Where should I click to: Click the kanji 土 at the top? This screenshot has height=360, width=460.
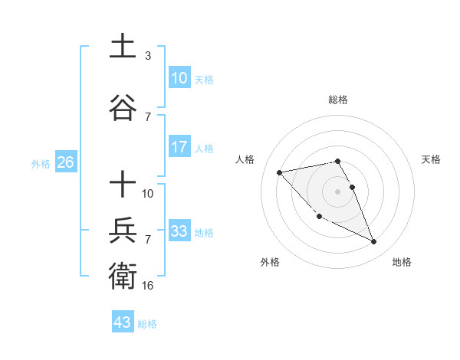coord(123,47)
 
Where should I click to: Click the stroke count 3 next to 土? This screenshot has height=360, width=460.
coord(148,56)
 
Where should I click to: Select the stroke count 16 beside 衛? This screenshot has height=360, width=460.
coord(148,286)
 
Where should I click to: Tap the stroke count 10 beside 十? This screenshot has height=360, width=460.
coord(148,194)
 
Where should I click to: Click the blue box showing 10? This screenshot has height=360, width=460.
coord(179,78)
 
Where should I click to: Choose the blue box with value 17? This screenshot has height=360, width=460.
coord(179,147)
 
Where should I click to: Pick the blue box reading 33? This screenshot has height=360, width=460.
coord(179,231)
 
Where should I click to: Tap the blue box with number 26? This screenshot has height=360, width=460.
coord(65,162)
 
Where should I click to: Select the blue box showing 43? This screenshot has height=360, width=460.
coord(122,322)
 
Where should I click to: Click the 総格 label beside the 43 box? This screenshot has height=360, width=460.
coord(147,324)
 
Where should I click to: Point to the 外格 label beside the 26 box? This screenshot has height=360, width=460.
coord(41,163)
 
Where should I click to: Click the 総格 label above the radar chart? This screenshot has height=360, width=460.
coord(338,100)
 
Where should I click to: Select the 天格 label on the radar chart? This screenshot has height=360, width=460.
coord(432,159)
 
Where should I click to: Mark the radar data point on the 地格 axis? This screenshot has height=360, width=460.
coord(374,242)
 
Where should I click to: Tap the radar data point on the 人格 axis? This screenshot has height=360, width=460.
coord(280,172)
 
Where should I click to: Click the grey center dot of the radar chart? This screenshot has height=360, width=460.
coord(338,191)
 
